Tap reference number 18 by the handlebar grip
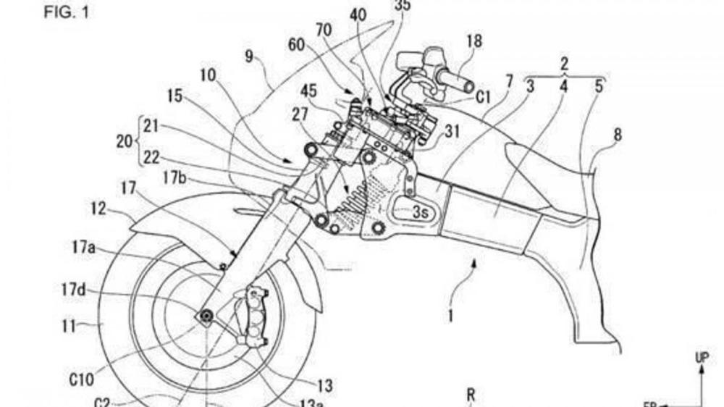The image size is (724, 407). (473, 41)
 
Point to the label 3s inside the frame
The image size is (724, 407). (420, 213)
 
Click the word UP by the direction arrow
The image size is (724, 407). (702, 357)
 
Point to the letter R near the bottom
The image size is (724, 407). (471, 395)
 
